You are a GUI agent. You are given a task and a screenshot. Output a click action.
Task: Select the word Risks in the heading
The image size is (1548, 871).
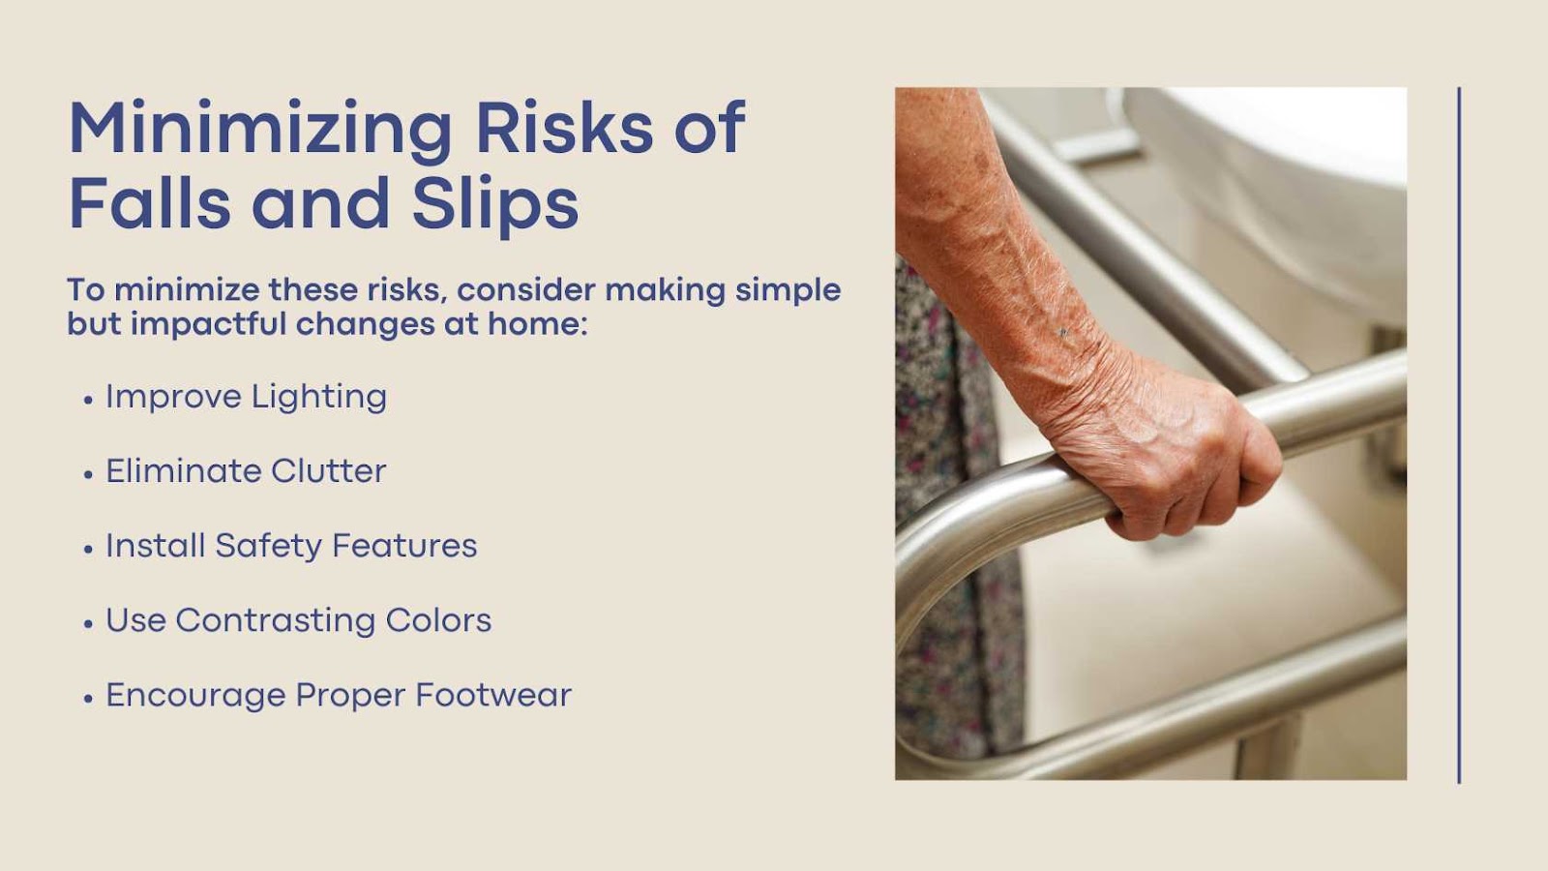(565, 127)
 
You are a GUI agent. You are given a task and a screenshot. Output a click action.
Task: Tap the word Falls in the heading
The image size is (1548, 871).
(149, 201)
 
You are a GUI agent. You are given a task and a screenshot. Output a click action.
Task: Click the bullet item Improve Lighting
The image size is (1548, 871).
(246, 398)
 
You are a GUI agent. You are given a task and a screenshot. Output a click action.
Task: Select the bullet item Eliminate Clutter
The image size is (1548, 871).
(246, 470)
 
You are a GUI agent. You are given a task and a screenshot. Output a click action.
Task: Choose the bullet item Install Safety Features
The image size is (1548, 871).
(291, 546)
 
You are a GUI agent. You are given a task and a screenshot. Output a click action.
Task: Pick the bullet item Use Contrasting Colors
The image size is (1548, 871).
(299, 620)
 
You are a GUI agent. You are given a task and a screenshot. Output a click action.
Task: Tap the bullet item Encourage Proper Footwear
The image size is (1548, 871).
(339, 696)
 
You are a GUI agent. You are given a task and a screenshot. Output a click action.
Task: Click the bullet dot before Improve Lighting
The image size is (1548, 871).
(88, 401)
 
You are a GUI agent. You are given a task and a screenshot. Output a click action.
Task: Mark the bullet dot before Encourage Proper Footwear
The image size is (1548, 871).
(88, 699)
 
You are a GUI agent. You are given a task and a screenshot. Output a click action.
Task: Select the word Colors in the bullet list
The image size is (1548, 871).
(439, 620)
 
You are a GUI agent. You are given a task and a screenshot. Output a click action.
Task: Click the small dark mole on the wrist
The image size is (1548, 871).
(1063, 333)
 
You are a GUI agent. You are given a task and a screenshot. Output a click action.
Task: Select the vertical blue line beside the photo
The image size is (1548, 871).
(1459, 435)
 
